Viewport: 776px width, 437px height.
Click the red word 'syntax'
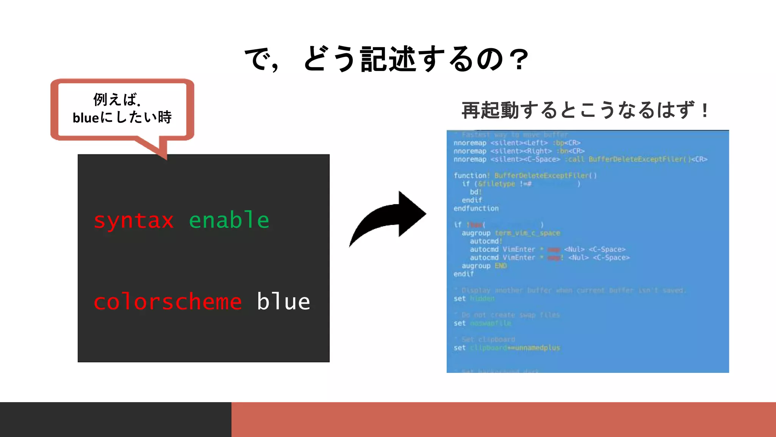click(x=133, y=221)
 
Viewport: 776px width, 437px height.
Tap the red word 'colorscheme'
click(x=167, y=302)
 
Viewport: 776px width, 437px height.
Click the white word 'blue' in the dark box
click(x=283, y=302)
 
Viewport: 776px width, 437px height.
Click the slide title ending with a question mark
click(x=386, y=59)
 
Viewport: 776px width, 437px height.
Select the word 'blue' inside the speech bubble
click(x=86, y=118)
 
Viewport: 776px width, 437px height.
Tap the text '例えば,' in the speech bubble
click(x=117, y=100)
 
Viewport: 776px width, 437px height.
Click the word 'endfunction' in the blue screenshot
click(x=476, y=208)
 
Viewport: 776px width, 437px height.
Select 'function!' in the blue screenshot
click(x=472, y=176)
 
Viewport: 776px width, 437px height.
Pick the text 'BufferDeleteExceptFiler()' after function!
click(x=545, y=176)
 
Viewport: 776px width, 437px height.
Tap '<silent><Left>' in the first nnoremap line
click(x=519, y=143)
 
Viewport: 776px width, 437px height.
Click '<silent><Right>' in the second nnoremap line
click(x=521, y=151)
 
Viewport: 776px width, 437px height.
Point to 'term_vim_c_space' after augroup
click(x=527, y=233)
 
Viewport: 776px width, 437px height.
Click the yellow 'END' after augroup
click(x=501, y=266)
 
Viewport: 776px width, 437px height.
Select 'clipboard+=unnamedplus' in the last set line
click(x=515, y=347)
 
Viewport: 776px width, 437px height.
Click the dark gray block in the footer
click(x=116, y=420)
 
